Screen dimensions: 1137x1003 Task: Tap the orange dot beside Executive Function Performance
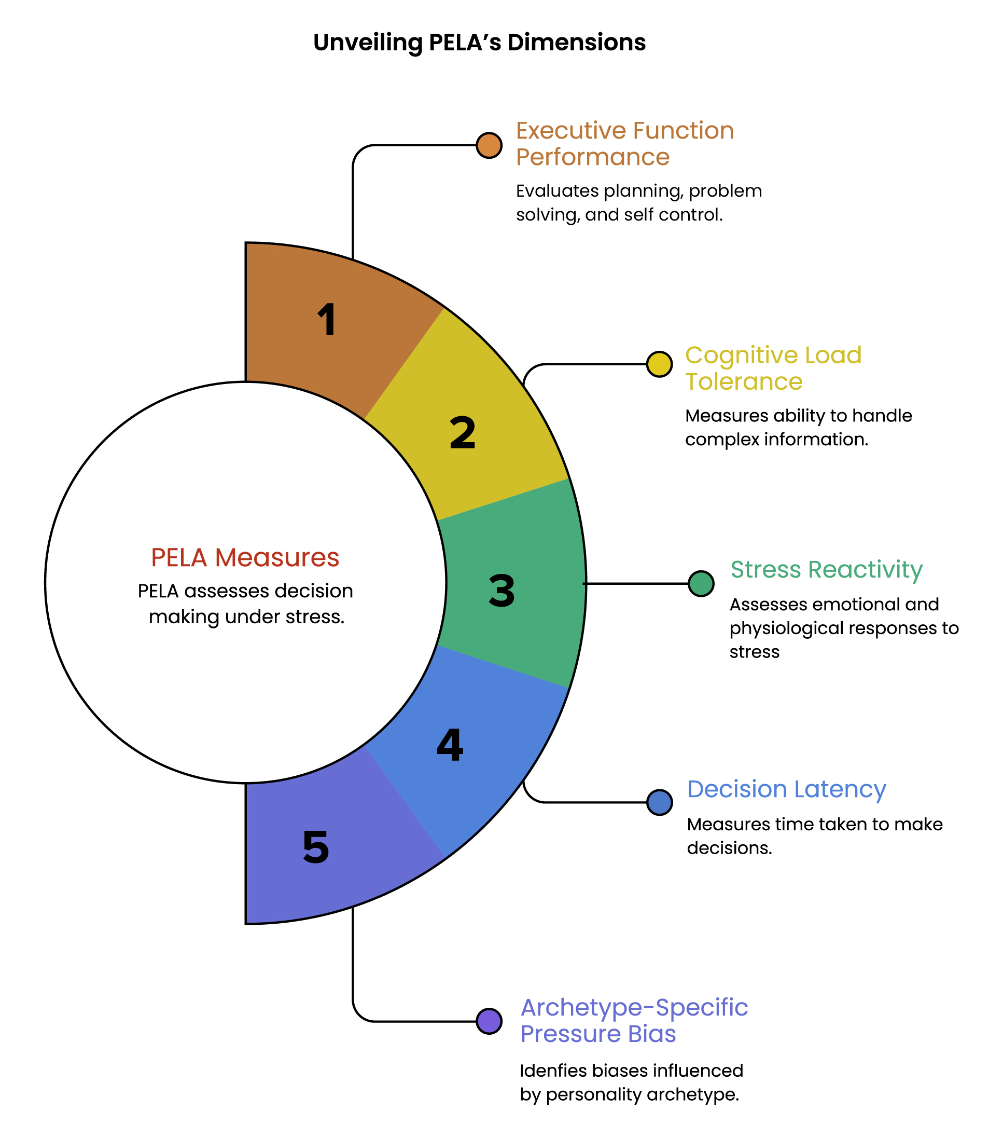point(489,145)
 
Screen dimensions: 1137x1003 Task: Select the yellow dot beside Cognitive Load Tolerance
point(659,364)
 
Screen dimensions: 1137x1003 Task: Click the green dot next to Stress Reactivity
point(701,583)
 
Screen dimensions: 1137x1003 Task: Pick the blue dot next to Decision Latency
point(659,802)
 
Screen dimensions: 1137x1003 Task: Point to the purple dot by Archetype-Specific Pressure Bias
point(489,1021)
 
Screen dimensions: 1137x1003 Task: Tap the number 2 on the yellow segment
point(463,433)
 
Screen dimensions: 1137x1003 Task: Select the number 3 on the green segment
point(501,591)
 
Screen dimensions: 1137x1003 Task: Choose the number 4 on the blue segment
point(450,745)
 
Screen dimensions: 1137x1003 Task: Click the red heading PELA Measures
point(245,557)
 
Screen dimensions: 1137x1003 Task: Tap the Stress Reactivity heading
point(826,570)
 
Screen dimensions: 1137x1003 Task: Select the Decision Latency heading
point(786,789)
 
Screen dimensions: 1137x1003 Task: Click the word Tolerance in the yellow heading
point(744,381)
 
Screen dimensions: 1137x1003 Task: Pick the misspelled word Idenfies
point(553,1071)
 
